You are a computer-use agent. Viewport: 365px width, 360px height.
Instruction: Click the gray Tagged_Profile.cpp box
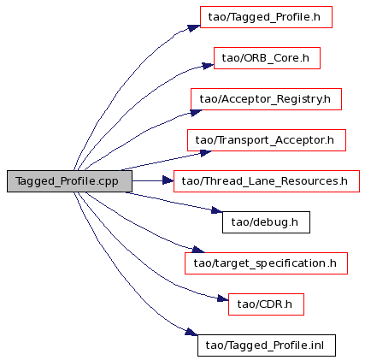(69, 181)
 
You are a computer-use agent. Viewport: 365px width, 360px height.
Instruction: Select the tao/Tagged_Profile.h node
(266, 17)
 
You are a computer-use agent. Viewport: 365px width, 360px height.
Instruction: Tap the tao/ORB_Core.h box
(267, 58)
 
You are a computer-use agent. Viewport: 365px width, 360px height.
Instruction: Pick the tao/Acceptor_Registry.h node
(266, 99)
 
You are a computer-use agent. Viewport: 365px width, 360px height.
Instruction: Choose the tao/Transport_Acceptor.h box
(267, 140)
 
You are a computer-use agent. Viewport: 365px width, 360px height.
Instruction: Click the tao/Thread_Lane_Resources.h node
(267, 181)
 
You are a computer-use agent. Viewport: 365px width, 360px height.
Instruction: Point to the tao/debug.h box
(266, 222)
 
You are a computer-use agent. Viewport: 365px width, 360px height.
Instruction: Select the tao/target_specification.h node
(266, 263)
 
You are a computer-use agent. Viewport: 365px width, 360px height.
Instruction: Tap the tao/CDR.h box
(266, 304)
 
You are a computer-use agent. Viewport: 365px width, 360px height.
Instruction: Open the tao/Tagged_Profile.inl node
(267, 345)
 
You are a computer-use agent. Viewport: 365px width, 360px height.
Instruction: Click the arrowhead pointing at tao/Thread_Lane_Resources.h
(168, 180)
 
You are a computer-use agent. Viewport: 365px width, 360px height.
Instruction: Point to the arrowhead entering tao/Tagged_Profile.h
(194, 28)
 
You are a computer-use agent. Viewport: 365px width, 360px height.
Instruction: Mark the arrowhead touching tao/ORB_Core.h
(208, 66)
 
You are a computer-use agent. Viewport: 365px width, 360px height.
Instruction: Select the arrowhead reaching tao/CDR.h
(223, 298)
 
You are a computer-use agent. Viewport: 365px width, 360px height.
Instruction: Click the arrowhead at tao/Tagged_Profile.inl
(191, 332)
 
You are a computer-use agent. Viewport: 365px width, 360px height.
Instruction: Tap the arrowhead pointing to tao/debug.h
(217, 210)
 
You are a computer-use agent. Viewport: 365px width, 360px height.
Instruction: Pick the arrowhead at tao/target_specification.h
(198, 250)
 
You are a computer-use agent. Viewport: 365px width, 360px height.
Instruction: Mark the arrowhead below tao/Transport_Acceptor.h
(206, 153)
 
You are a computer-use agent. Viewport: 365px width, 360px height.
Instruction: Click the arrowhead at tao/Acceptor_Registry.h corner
(196, 113)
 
